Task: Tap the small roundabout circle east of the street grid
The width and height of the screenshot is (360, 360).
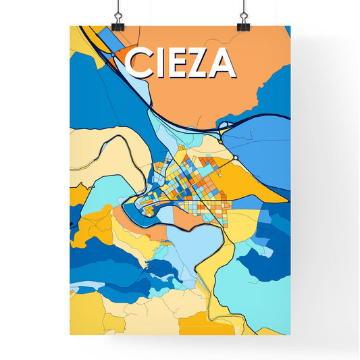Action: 236,157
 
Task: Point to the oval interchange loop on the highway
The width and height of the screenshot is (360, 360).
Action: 223,124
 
